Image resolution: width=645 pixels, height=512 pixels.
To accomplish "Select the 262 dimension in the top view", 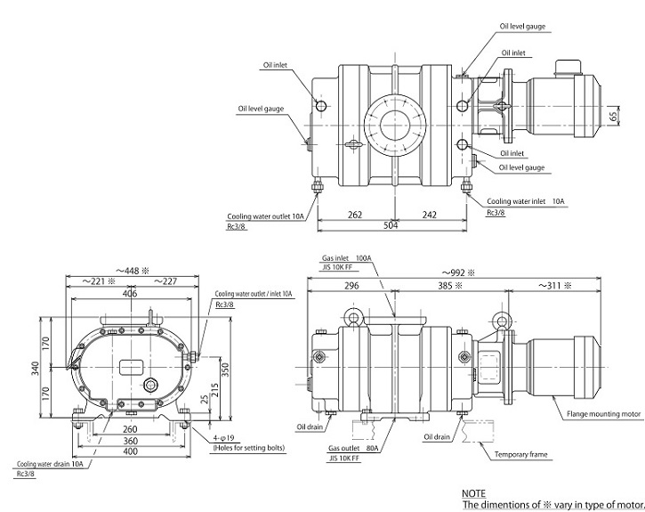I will (355, 214).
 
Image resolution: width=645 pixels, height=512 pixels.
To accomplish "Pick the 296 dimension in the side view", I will (351, 287).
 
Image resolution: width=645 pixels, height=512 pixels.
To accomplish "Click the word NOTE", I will (474, 492).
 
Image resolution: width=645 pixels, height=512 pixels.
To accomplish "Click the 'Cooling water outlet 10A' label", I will (264, 214).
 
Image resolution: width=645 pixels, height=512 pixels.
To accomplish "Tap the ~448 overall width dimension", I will (130, 270).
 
